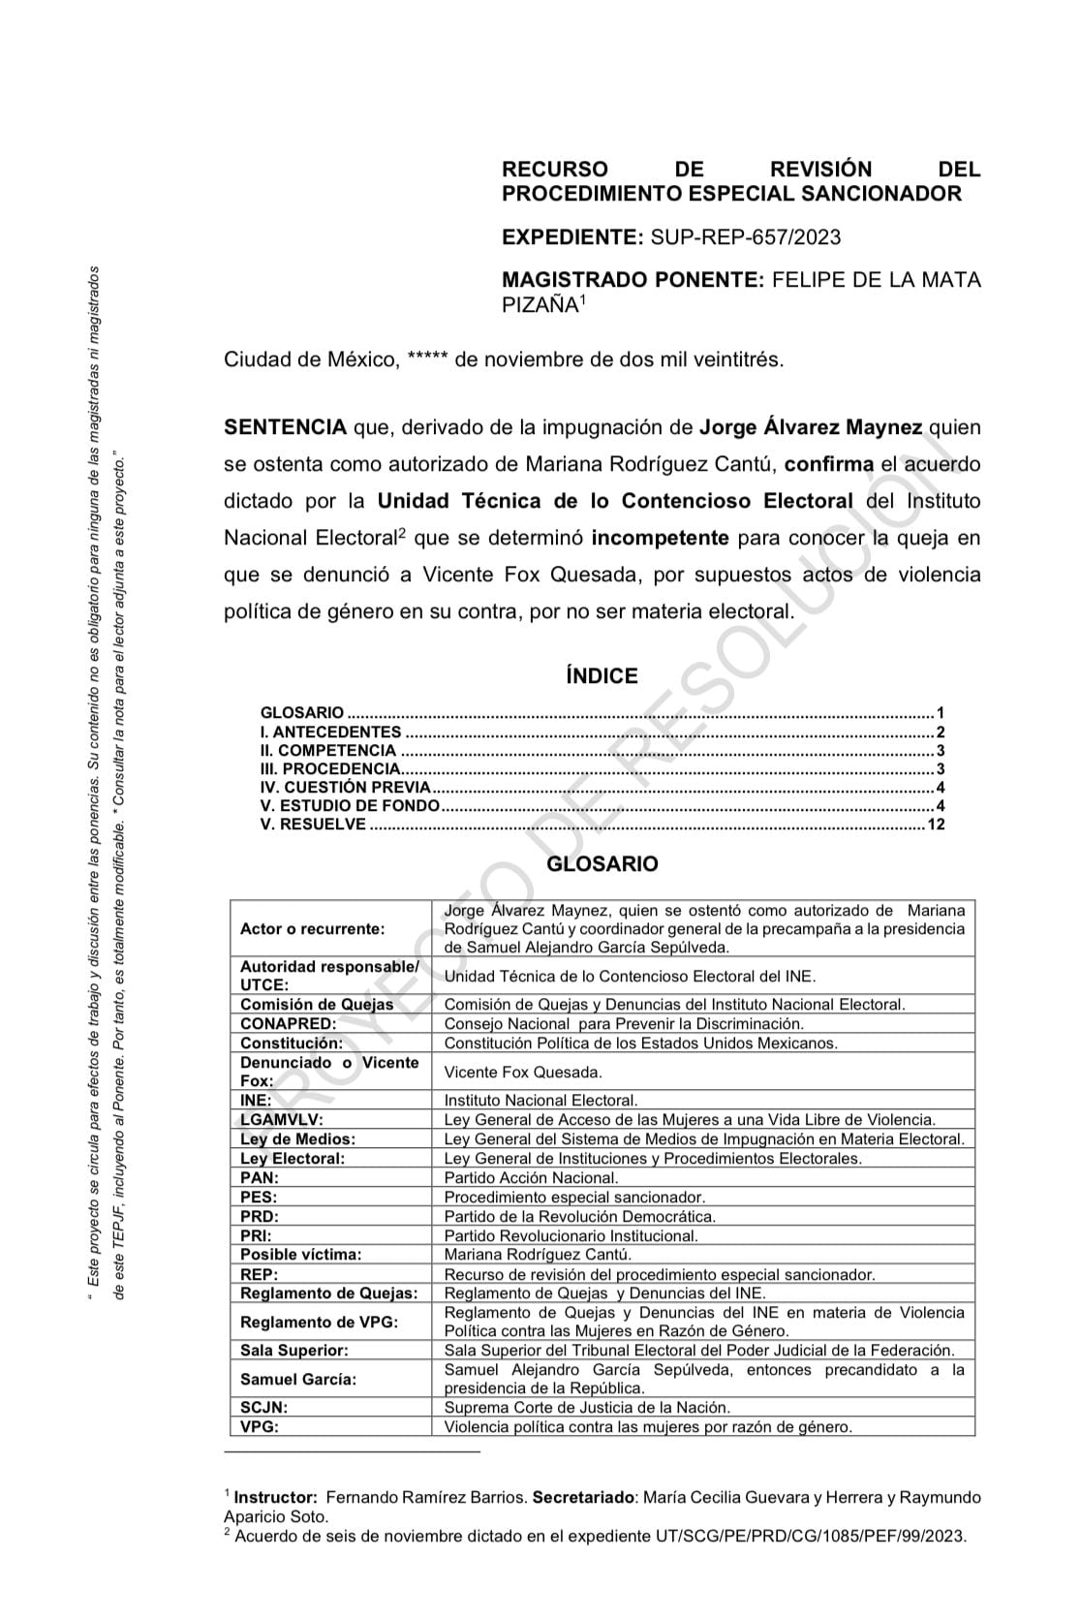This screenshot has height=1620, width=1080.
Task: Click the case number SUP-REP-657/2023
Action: click(746, 237)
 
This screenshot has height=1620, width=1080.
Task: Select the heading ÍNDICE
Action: click(602, 676)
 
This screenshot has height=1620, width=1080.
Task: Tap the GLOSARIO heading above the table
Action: click(602, 863)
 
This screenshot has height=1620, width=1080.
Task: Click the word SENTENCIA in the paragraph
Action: click(285, 427)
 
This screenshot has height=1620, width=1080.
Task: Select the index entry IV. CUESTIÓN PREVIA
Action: click(345, 788)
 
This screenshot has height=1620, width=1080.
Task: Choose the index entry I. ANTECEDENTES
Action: click(330, 732)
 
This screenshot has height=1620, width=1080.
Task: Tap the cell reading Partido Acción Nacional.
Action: click(531, 1178)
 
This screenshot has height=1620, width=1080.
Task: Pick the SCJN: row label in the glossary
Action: click(264, 1407)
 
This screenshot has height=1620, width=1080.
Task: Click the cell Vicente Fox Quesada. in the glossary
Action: click(523, 1072)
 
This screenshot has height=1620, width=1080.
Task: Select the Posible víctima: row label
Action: click(301, 1255)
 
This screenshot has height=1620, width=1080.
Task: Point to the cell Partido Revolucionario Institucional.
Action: click(571, 1235)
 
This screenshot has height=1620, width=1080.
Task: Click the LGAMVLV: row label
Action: click(282, 1120)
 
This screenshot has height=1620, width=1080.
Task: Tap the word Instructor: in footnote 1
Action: click(276, 1497)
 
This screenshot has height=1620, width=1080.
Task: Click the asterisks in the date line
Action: click(427, 360)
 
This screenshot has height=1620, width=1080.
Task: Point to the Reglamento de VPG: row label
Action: click(319, 1322)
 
